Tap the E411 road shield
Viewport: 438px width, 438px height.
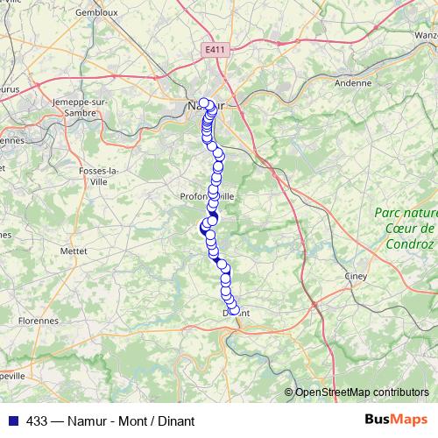point(212,52)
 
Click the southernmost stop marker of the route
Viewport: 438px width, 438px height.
point(233,310)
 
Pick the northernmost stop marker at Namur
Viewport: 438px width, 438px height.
point(204,103)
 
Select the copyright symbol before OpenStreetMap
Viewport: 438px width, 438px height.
point(290,392)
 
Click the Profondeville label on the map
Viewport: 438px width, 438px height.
point(208,196)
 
